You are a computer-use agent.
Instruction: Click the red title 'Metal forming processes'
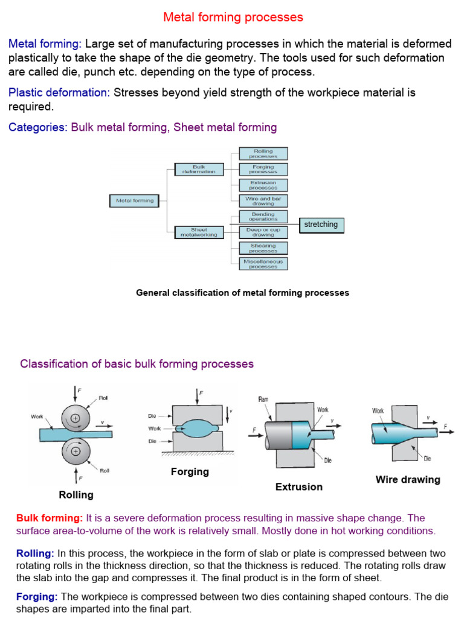tap(233, 18)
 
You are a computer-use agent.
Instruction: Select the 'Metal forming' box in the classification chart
tap(135, 201)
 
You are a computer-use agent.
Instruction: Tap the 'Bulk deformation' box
tap(199, 169)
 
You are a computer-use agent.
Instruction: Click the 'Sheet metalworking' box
tap(199, 232)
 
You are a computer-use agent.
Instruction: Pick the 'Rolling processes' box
tap(263, 153)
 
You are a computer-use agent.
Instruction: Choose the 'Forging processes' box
tap(263, 170)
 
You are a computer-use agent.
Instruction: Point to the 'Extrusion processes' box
tap(263, 185)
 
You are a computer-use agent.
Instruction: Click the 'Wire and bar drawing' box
tap(263, 201)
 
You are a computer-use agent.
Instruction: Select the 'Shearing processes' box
tap(263, 248)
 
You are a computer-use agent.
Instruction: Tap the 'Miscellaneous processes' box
tap(263, 264)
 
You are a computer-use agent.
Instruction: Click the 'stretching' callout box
tap(321, 225)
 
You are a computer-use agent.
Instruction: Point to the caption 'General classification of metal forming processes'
tap(242, 293)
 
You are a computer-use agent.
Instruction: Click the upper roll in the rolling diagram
tap(76, 417)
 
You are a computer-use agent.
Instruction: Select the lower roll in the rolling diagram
tap(76, 450)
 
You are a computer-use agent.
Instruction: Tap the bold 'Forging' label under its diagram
tap(190, 472)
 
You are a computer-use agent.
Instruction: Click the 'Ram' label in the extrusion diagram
tap(263, 399)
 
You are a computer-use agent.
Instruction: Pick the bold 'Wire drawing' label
tap(408, 480)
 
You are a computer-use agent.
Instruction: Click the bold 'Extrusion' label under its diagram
tap(299, 487)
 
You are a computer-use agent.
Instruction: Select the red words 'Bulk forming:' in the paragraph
tap(50, 518)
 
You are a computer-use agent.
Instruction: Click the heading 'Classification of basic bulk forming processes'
tap(137, 364)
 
